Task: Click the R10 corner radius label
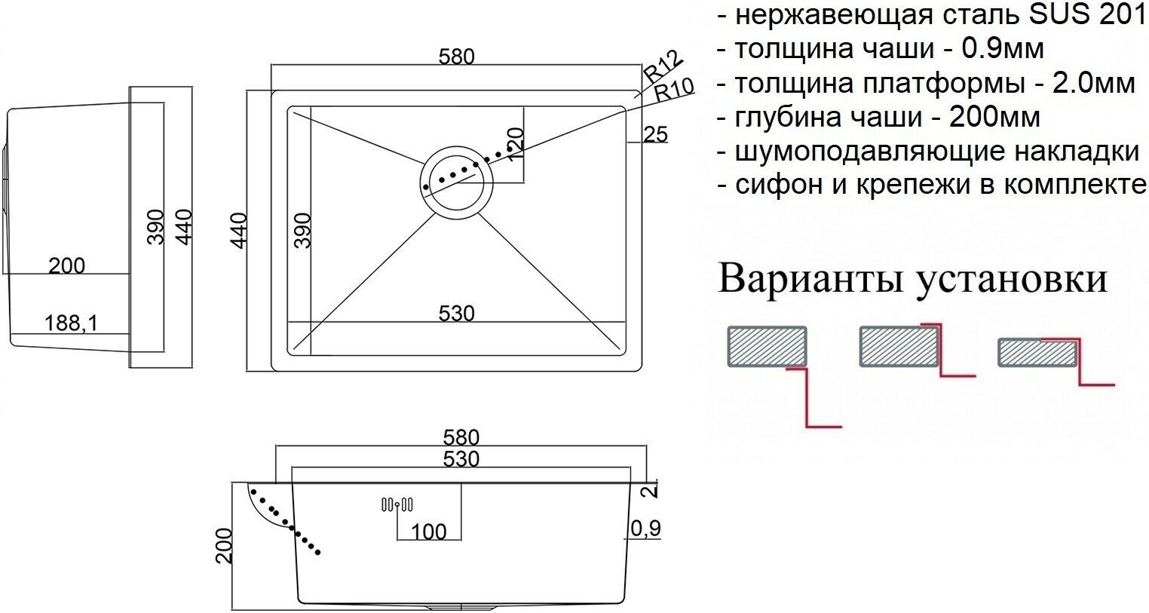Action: click(673, 90)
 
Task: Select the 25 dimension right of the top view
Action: click(655, 134)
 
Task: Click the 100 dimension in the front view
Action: click(429, 531)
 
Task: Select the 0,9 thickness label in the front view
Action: click(644, 529)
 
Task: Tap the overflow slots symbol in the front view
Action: click(397, 504)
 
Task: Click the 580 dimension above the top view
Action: click(457, 57)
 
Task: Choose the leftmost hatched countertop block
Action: click(767, 346)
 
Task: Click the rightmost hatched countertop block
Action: click(1037, 351)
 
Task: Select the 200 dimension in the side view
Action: click(67, 265)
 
